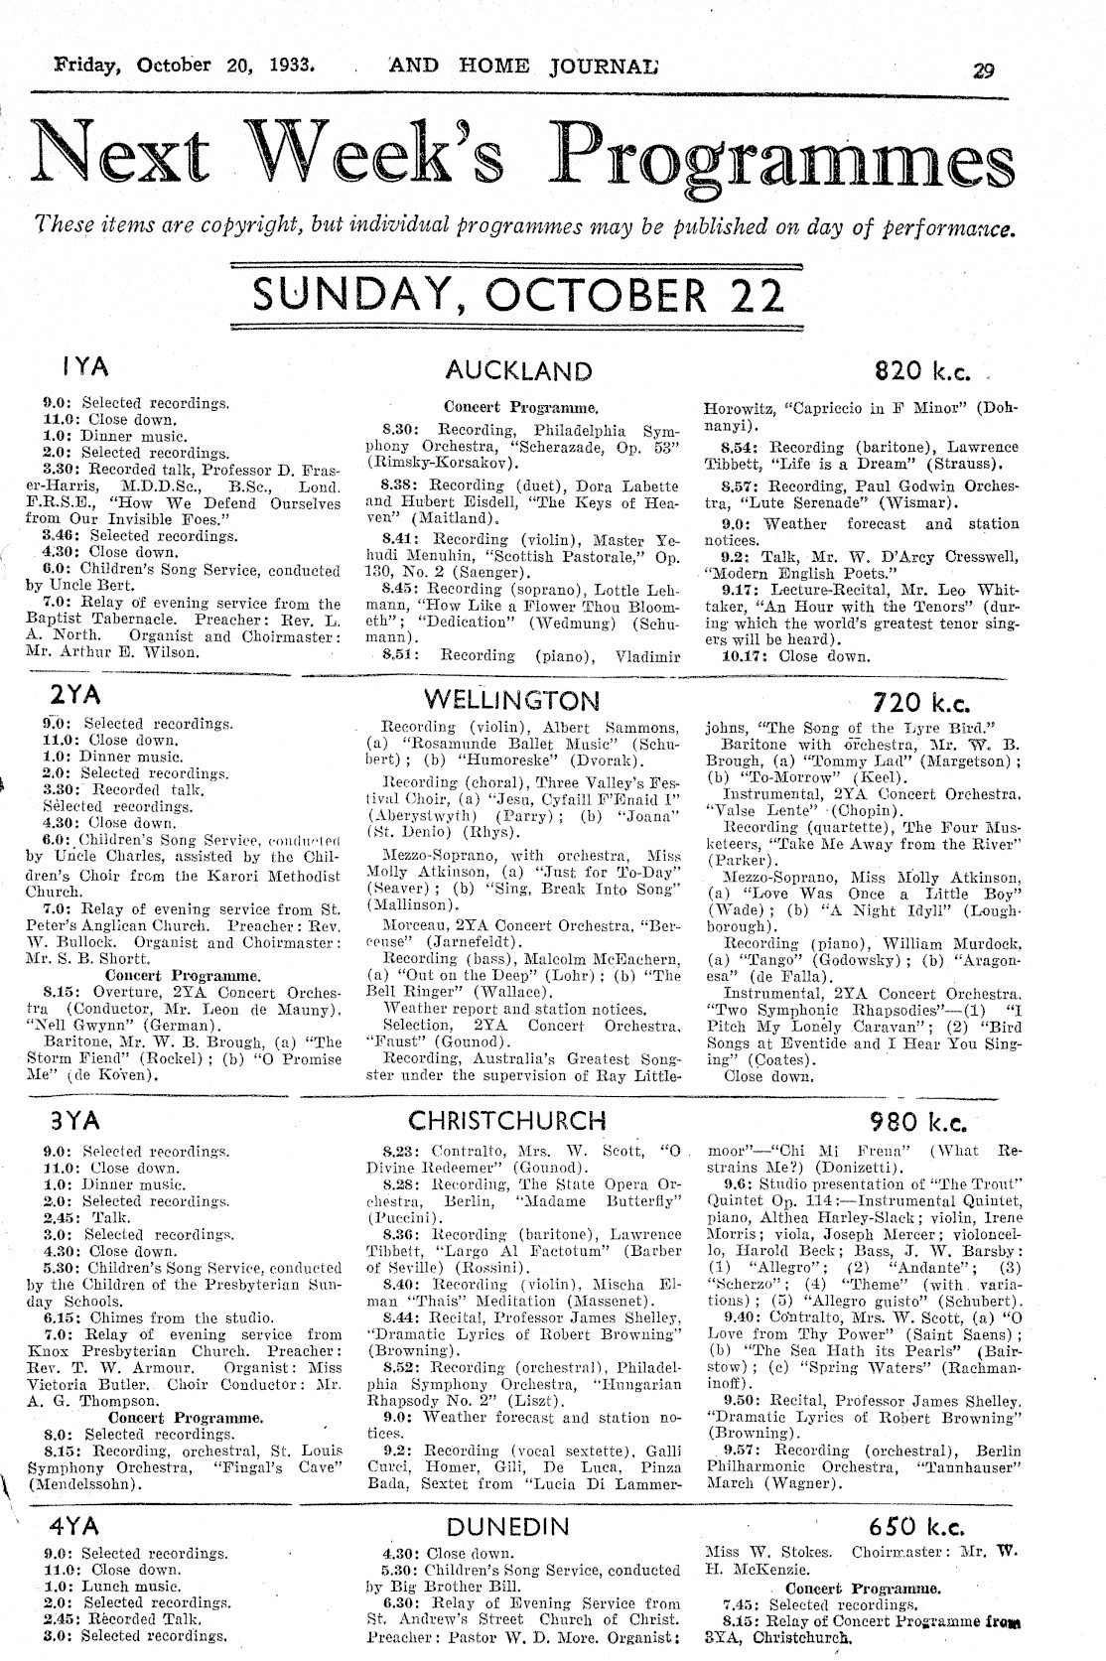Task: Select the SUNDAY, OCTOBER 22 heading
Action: coord(518,295)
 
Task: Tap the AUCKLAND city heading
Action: coord(518,371)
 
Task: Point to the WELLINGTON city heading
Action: coord(511,699)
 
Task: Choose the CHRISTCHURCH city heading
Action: coord(507,1121)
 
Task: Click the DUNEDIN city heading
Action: coord(508,1526)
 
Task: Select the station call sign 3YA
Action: coord(74,1121)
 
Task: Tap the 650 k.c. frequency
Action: coord(916,1528)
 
